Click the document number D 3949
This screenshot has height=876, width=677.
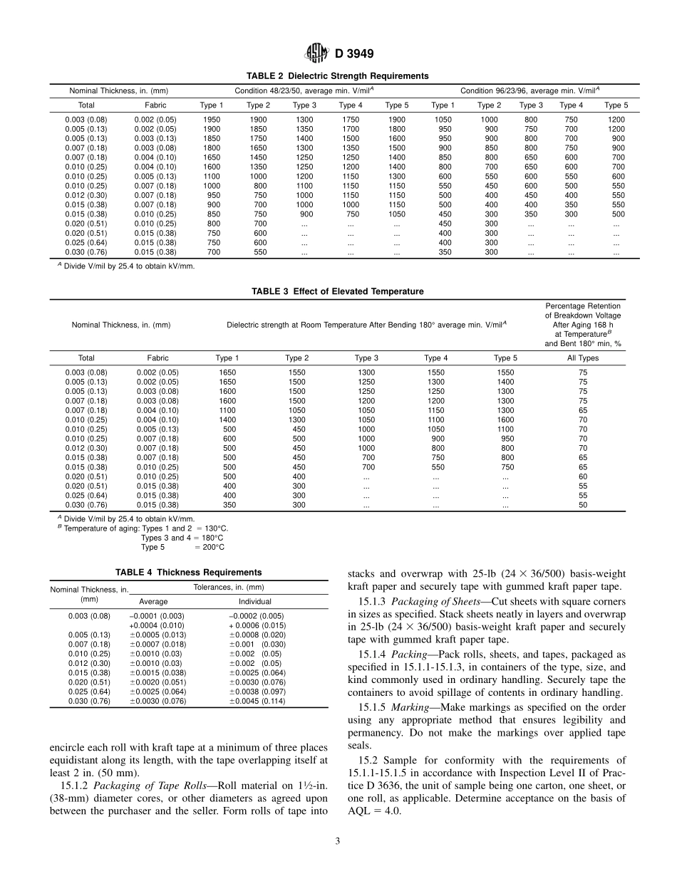(x=349, y=53)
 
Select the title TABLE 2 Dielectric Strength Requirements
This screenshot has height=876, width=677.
(x=338, y=75)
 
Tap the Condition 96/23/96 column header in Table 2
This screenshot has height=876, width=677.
(x=529, y=90)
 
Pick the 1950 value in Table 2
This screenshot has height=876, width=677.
(x=212, y=120)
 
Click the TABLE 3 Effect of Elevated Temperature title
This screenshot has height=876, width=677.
(x=338, y=291)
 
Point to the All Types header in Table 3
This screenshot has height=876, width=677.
(x=582, y=358)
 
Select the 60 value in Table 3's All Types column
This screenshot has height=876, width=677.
(x=582, y=476)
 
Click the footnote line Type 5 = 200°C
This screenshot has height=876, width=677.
(x=182, y=547)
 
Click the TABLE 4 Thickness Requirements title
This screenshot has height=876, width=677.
(x=189, y=572)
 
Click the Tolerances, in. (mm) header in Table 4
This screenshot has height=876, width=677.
(x=229, y=587)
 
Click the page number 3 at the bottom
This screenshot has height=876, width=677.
(x=338, y=841)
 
